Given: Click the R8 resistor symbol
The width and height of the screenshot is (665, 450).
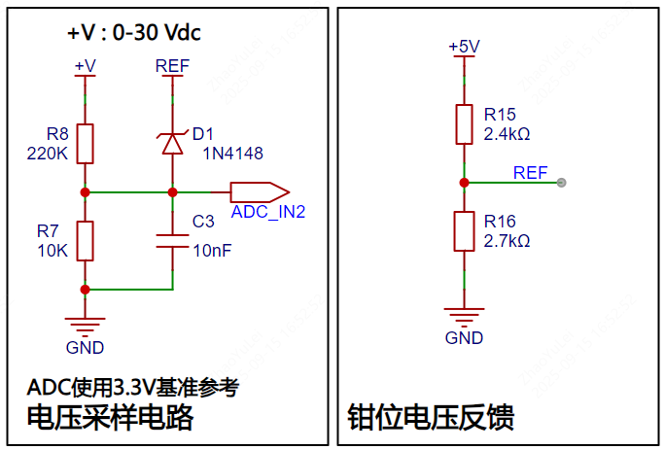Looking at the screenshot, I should pyautogui.click(x=86, y=144).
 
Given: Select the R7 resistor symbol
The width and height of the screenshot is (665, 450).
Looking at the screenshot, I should pyautogui.click(x=86, y=240).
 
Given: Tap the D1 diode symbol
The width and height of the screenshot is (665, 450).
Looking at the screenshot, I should pyautogui.click(x=172, y=143).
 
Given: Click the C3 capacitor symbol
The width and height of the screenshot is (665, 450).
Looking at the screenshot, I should pyautogui.click(x=172, y=240).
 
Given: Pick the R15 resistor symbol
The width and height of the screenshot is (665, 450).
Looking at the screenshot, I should pyautogui.click(x=464, y=123).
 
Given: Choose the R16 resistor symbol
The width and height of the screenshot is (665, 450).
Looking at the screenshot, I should pyautogui.click(x=464, y=231).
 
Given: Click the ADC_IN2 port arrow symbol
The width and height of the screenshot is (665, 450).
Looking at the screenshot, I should pyautogui.click(x=259, y=191).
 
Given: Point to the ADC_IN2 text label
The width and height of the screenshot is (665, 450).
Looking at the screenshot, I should pyautogui.click(x=268, y=211).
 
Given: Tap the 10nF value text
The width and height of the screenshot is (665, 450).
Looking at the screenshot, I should pyautogui.click(x=212, y=250).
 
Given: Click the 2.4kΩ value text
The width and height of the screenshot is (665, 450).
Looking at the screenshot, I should pyautogui.click(x=507, y=133).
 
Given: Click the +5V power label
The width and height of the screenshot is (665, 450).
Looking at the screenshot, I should pyautogui.click(x=464, y=47).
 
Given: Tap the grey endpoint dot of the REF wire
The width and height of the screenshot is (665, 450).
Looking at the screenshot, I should pyautogui.click(x=562, y=183).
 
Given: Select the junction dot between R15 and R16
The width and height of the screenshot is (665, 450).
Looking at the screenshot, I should pyautogui.click(x=464, y=183).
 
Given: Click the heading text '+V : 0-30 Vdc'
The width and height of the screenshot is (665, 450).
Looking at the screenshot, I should pyautogui.click(x=133, y=32).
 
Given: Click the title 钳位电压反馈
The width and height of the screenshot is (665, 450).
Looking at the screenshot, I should pyautogui.click(x=431, y=418).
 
